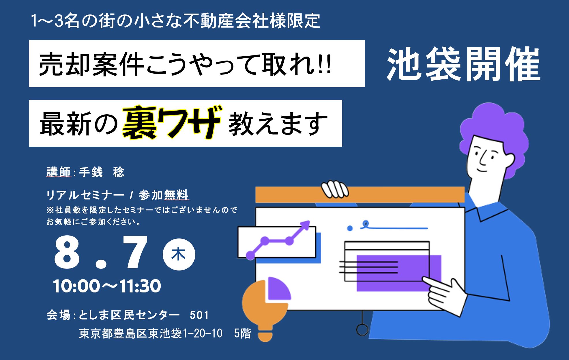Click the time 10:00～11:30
[x=107, y=286]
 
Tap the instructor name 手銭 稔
[x=102, y=172]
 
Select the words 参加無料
[x=163, y=195]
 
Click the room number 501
[x=199, y=315]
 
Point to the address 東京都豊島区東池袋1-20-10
[x=151, y=334]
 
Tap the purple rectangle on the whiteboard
[x=399, y=273]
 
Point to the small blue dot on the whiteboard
[x=350, y=228]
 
